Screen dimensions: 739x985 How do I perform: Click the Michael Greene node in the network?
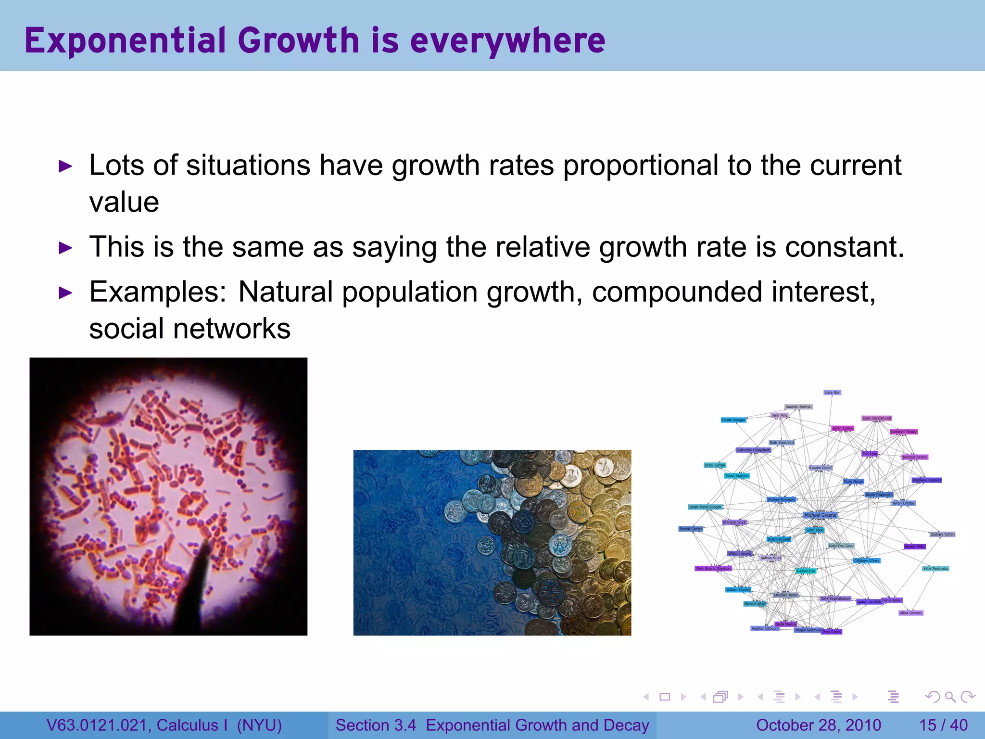(820, 515)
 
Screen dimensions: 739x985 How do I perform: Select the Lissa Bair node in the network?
(832, 393)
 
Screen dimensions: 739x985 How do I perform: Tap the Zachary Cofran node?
(942, 534)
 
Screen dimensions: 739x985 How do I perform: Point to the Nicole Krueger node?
(733, 420)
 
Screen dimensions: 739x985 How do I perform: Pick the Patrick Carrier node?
(690, 529)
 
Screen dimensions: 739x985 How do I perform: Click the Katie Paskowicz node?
(935, 569)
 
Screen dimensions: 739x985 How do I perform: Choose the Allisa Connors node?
(911, 613)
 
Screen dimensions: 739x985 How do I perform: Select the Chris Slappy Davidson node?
(713, 569)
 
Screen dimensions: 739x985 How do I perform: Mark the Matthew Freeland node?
(927, 480)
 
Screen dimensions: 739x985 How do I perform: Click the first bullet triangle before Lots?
(65, 167)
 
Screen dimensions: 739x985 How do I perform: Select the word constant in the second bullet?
(839, 247)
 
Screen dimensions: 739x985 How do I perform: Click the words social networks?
(190, 329)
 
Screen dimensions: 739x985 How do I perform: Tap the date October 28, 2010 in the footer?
(819, 725)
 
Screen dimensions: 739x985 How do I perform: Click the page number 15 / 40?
(943, 725)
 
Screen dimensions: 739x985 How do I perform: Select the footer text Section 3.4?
(376, 725)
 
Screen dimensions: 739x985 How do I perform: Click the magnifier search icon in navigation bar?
(950, 697)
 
